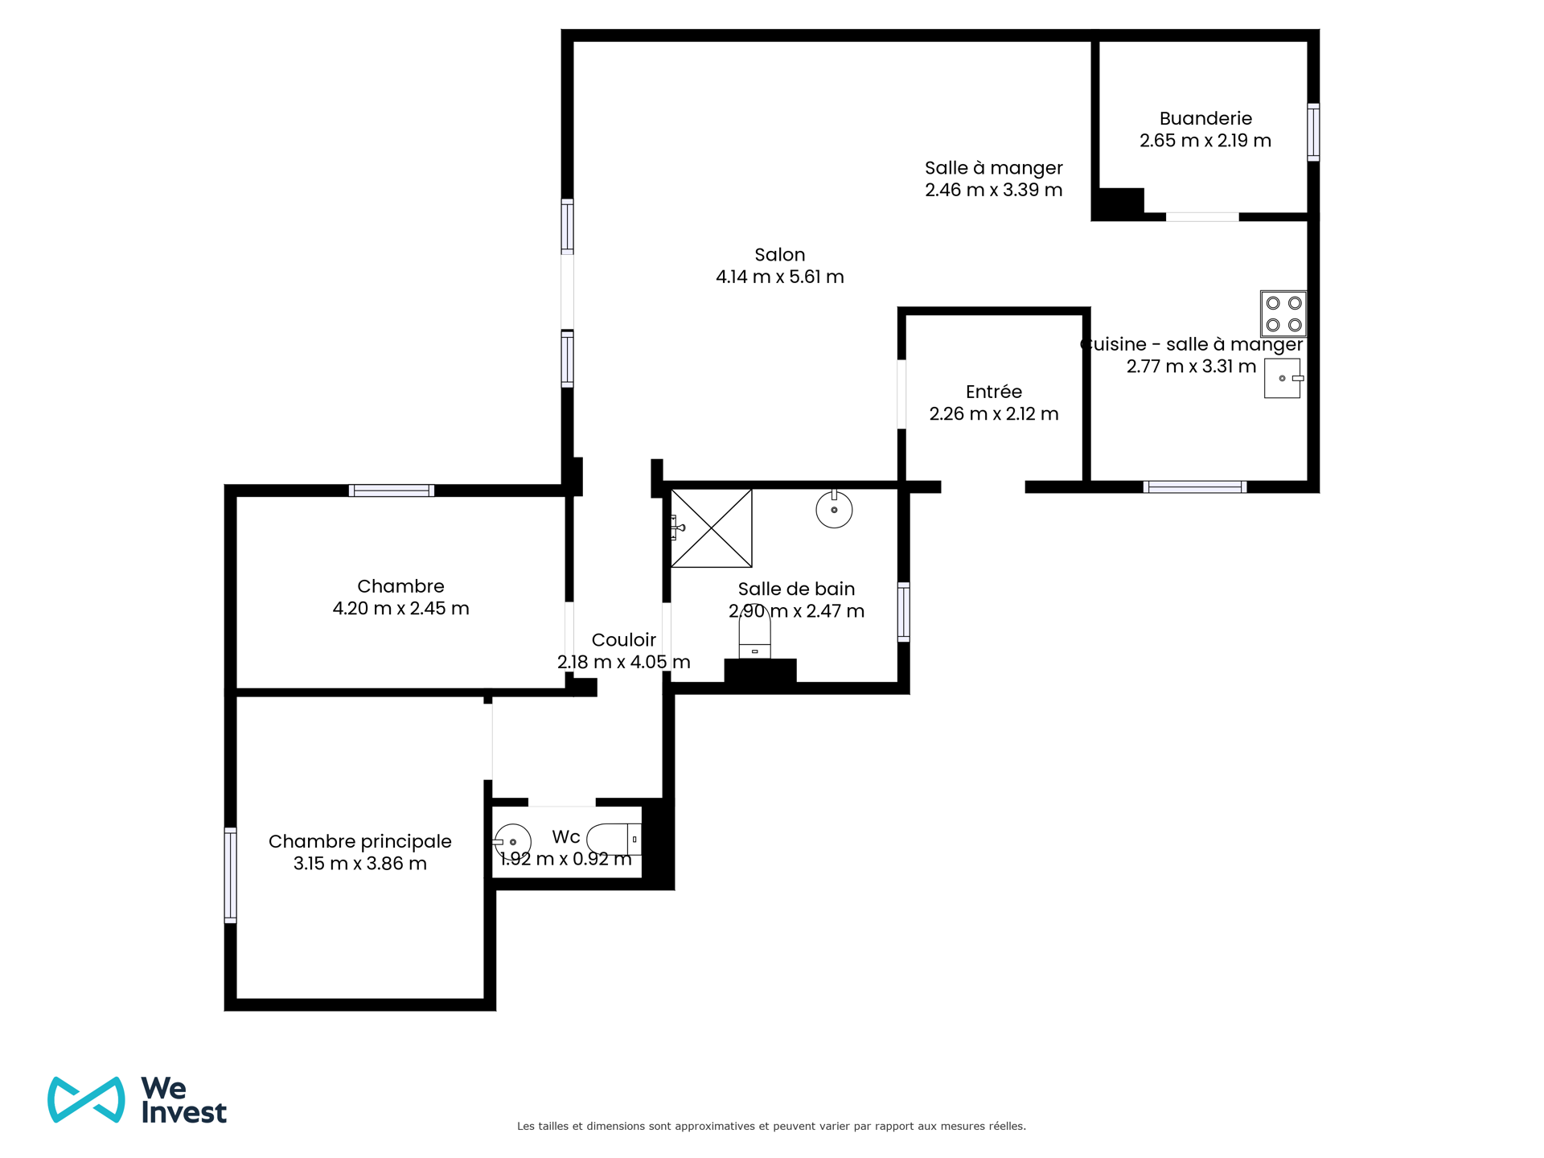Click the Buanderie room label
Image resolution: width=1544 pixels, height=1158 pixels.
[1205, 118]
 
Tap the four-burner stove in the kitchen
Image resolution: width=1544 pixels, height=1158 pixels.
[1283, 314]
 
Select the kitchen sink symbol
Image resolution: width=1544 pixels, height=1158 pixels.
[1283, 378]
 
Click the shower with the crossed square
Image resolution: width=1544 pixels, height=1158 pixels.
[712, 528]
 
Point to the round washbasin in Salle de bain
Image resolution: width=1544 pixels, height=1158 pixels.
[834, 509]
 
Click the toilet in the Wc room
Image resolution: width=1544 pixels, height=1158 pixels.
[614, 839]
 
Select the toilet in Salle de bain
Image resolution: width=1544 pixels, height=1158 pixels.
[754, 632]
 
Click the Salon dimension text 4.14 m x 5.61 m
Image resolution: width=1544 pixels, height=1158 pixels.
[780, 277]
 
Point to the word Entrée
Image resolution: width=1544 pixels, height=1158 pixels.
[994, 392]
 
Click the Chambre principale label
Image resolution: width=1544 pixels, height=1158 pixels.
[360, 841]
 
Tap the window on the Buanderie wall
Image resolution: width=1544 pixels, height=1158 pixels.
[1313, 132]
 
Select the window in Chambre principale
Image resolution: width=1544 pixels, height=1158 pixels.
[231, 875]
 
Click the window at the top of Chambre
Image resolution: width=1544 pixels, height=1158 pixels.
[392, 491]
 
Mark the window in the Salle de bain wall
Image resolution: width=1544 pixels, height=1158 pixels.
[904, 612]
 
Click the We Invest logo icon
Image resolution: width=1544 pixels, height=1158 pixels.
[86, 1099]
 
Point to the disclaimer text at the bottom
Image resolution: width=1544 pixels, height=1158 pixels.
[771, 1126]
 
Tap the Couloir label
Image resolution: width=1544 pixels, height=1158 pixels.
[624, 640]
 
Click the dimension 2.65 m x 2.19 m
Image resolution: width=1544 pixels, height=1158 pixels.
[1205, 141]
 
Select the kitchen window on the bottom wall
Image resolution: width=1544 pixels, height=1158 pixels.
[1195, 487]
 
